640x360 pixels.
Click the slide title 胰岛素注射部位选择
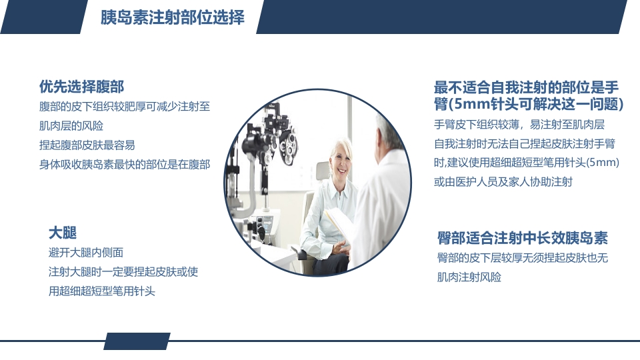[172, 17]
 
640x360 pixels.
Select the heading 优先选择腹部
[81, 87]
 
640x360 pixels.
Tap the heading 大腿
[63, 233]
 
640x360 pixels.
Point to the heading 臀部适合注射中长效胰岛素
[522, 238]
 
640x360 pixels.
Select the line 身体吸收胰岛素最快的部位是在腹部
[125, 164]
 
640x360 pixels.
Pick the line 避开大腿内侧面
[86, 253]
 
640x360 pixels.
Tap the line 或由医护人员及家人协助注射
[503, 181]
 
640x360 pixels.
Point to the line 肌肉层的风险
[71, 125]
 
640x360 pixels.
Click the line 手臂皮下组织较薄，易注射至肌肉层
[519, 125]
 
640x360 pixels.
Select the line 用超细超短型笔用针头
[101, 291]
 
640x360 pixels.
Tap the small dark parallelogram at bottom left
[136, 341]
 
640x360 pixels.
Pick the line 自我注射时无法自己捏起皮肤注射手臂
[524, 143]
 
